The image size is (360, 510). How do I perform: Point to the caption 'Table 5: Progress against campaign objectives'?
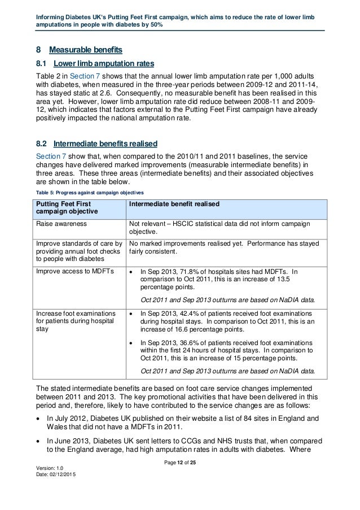89,191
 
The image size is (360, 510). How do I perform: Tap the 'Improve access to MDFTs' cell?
74,271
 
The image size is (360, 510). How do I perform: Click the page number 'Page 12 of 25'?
179,479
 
